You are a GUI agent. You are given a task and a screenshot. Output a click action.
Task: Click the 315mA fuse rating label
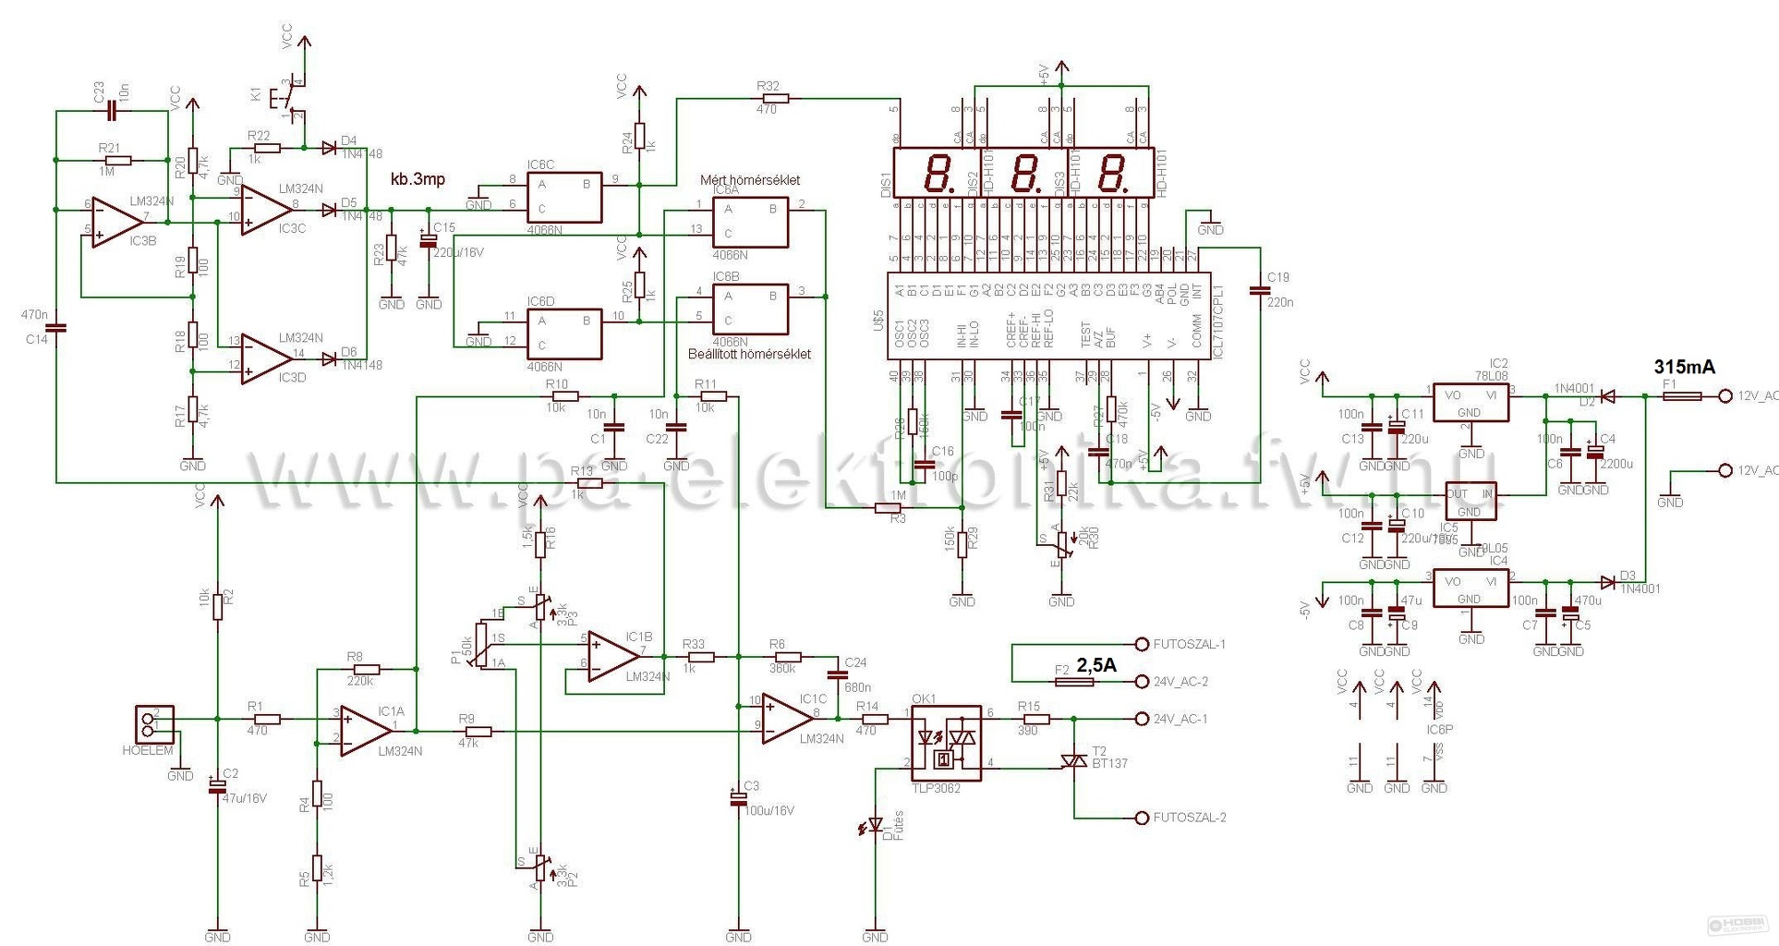(1684, 367)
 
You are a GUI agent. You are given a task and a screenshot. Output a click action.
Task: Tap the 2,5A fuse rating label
(1096, 665)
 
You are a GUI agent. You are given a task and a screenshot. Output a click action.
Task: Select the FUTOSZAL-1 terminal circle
(1142, 644)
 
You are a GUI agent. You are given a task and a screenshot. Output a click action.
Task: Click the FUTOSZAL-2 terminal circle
(1142, 818)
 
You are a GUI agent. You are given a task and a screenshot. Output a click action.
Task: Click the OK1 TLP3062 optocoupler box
(946, 743)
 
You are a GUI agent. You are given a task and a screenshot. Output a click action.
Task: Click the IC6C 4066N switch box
(563, 197)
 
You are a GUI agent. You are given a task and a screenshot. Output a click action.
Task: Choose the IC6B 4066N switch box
(750, 309)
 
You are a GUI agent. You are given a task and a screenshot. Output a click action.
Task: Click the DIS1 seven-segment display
(933, 173)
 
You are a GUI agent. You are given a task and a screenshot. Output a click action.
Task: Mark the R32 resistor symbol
(772, 98)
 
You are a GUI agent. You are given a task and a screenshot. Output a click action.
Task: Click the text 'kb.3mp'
(418, 178)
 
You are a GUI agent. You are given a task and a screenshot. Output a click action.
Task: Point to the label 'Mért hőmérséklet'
(751, 180)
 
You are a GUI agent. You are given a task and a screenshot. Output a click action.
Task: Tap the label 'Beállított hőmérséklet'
(749, 354)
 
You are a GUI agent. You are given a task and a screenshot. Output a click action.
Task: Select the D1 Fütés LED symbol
(875, 825)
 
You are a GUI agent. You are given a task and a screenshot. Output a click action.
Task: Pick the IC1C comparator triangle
(787, 717)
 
